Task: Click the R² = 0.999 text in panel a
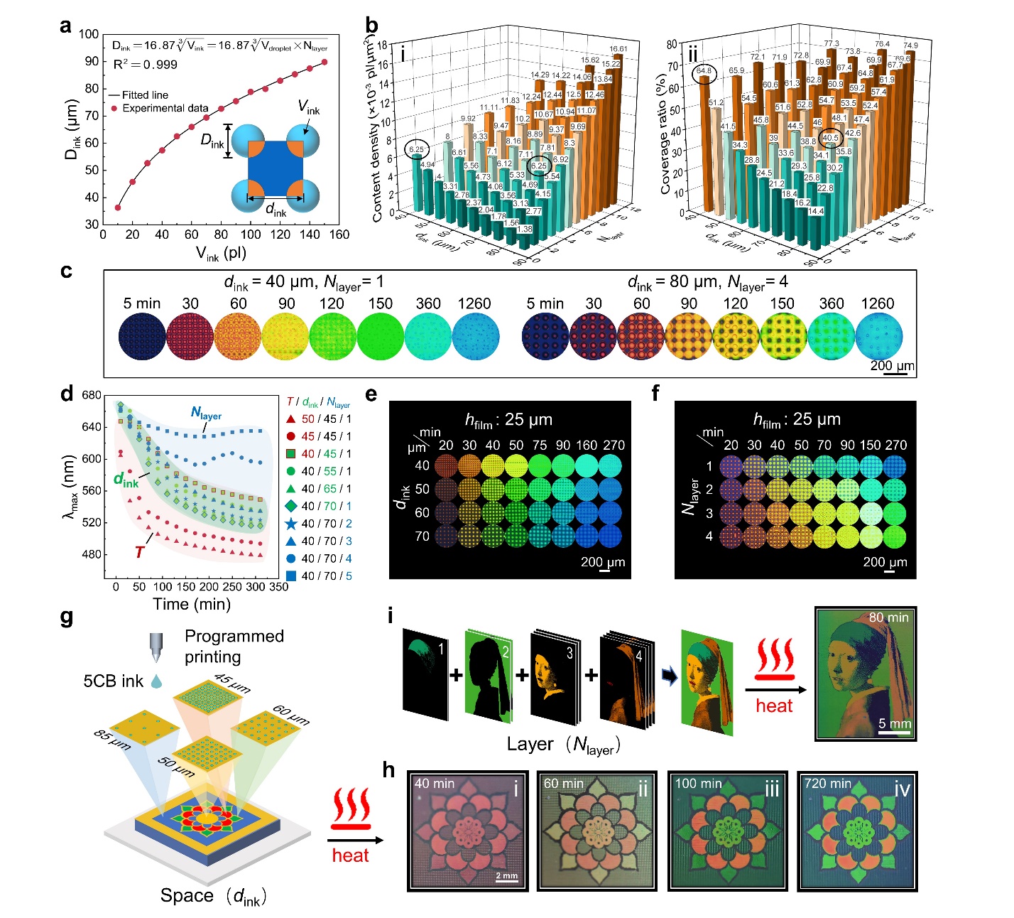(146, 65)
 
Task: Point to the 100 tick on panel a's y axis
(89, 34)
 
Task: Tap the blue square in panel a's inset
(276, 169)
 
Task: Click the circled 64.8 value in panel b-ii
(704, 71)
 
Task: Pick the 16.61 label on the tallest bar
(618, 49)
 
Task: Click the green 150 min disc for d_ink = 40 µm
(381, 337)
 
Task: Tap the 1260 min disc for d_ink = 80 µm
(879, 337)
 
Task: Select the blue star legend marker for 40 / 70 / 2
(290, 524)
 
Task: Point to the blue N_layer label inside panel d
(206, 414)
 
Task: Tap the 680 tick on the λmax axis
(92, 395)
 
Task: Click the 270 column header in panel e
(614, 445)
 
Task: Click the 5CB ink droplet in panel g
(156, 681)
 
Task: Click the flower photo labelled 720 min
(857, 831)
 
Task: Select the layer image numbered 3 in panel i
(555, 673)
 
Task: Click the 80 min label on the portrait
(888, 617)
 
